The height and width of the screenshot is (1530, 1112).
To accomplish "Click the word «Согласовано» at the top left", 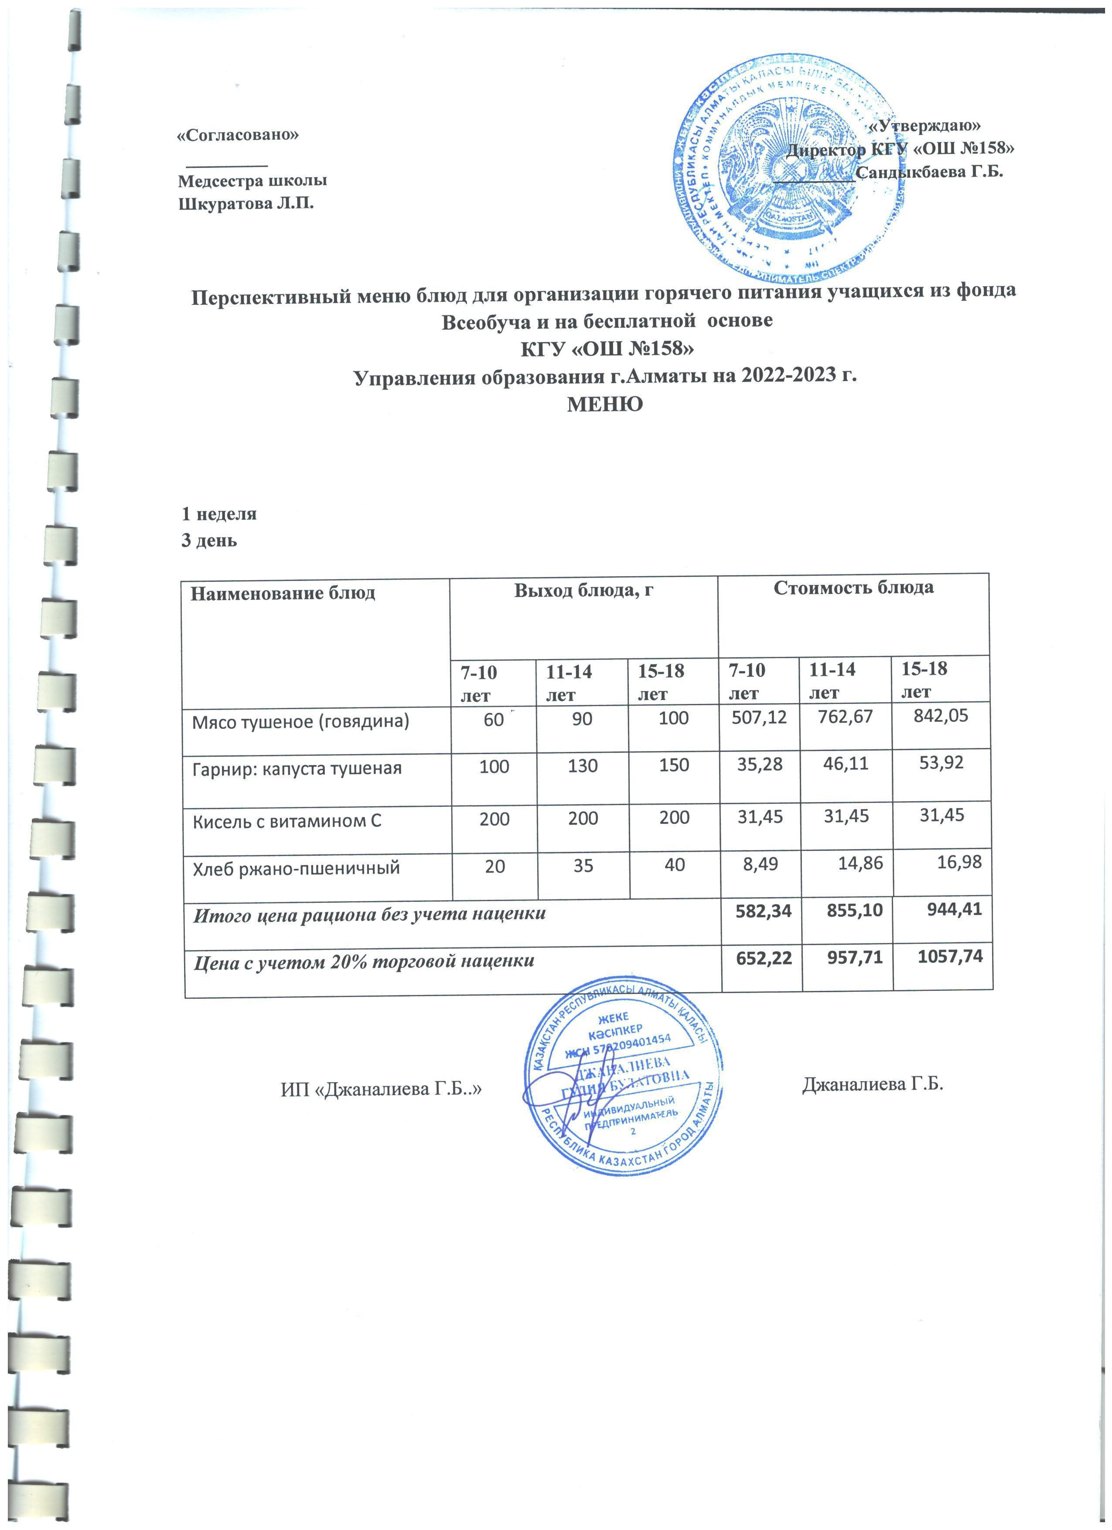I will point(237,135).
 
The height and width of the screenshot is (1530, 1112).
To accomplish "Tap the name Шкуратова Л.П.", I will point(246,204).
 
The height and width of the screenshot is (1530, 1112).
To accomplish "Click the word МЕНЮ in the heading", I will point(605,404).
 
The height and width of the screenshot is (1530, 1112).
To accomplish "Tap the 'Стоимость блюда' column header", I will point(854,587).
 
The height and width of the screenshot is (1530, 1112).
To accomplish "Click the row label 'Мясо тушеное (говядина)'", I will point(301,722).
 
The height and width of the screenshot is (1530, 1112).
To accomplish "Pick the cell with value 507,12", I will point(760,718).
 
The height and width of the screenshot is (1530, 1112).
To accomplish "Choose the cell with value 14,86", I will point(860,864).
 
